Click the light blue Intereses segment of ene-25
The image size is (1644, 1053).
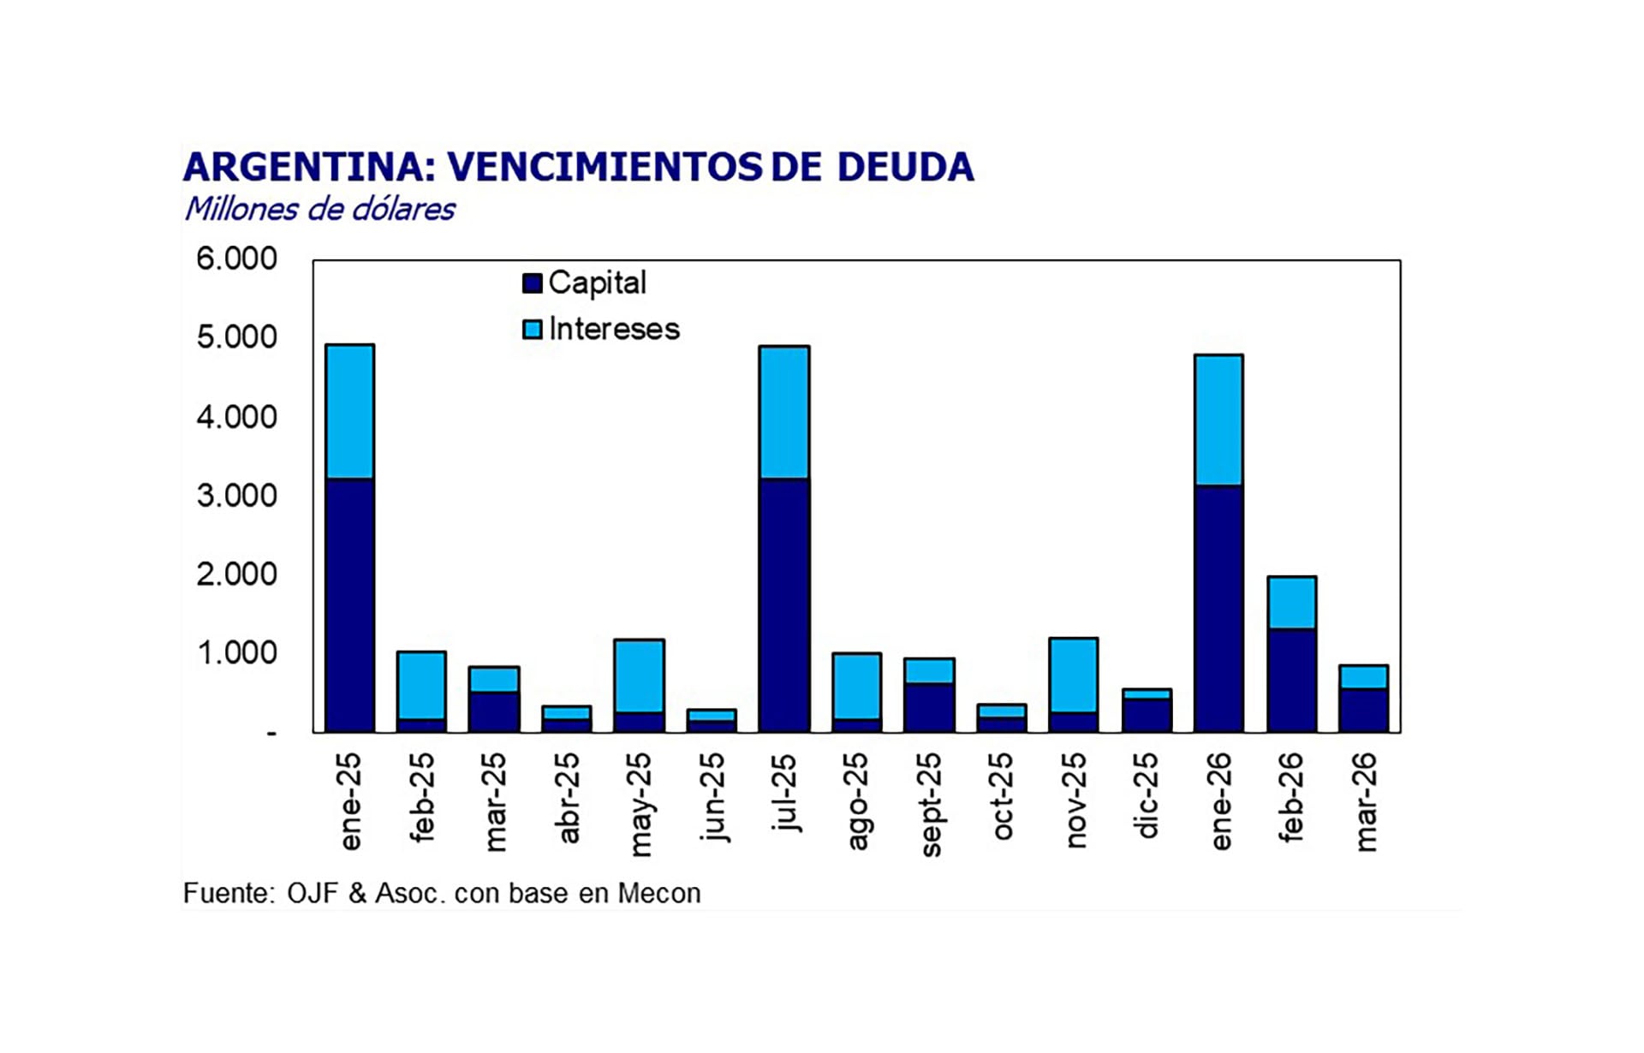click(x=349, y=411)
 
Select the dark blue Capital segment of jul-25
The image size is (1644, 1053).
click(x=783, y=604)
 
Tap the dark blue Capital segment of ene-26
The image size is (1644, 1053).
click(x=1218, y=608)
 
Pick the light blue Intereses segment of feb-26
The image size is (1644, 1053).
click(x=1291, y=603)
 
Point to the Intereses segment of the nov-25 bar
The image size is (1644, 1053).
click(x=1073, y=675)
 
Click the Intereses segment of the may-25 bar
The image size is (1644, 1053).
click(x=639, y=675)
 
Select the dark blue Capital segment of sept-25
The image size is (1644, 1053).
click(x=929, y=707)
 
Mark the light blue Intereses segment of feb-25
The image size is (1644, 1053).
click(x=421, y=685)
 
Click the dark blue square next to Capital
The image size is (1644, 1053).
click(x=532, y=283)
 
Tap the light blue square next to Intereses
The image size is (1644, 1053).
click(x=532, y=330)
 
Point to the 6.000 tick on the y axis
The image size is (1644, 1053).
click(x=236, y=259)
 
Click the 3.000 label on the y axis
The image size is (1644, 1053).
click(x=236, y=496)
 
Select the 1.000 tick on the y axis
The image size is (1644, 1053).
click(x=236, y=653)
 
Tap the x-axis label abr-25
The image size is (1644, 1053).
click(x=567, y=798)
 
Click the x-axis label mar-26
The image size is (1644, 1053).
click(x=1365, y=802)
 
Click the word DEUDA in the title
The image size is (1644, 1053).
click(x=905, y=167)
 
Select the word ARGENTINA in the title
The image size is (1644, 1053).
click(x=303, y=167)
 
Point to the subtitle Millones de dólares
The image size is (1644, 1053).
click(x=319, y=209)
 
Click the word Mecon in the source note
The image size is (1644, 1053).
click(x=658, y=893)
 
